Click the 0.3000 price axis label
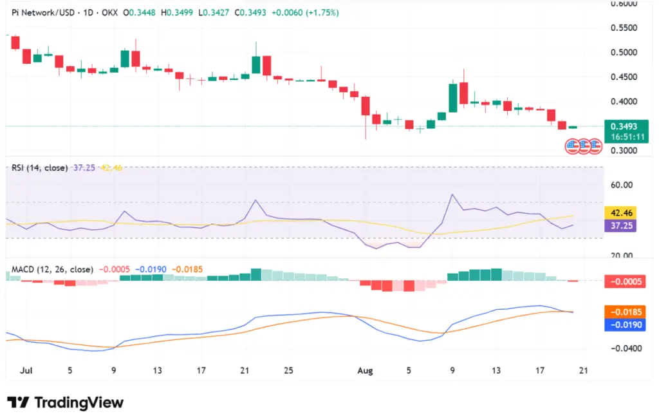624,151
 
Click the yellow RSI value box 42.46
620,213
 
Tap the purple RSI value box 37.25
620,226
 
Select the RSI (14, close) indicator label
39,167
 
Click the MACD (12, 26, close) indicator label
52,269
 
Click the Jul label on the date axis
27,371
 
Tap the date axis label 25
288,371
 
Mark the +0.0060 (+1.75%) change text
305,12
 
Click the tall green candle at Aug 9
453,97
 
